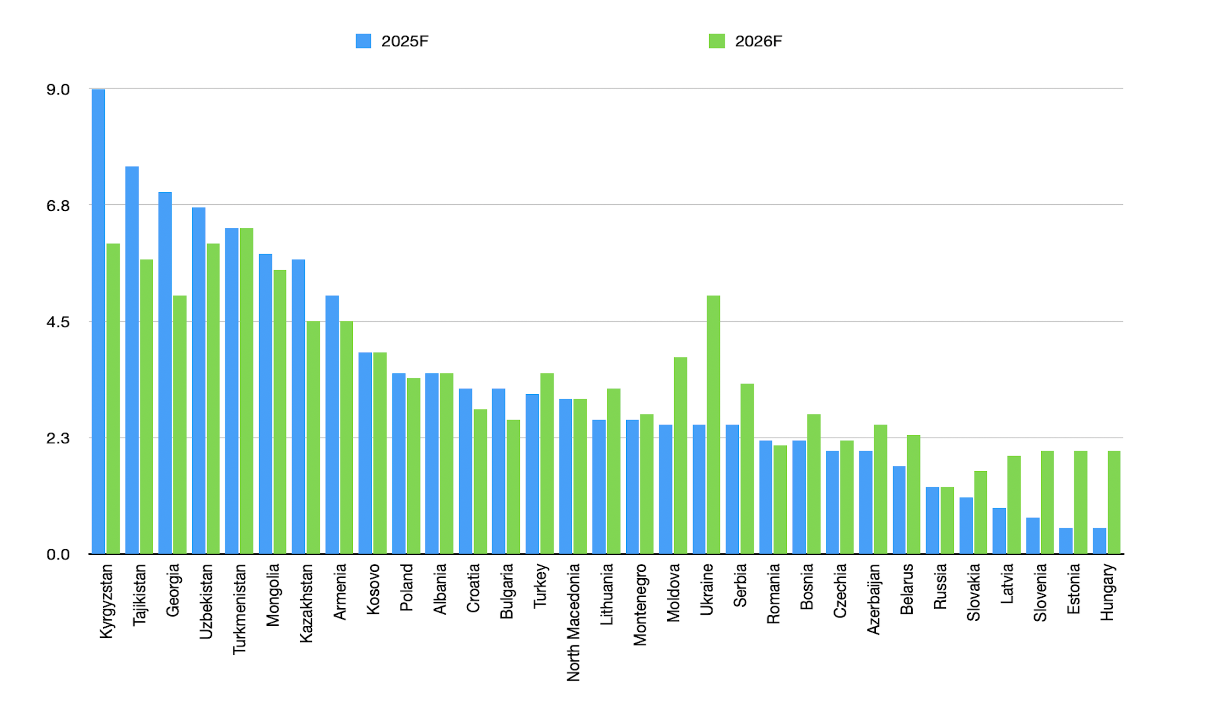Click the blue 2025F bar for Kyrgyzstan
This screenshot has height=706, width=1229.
(98, 321)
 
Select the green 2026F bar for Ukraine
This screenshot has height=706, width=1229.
(713, 425)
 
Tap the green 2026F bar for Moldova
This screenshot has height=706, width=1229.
(680, 456)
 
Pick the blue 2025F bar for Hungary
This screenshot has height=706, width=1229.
(1099, 541)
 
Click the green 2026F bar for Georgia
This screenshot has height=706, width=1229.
(180, 425)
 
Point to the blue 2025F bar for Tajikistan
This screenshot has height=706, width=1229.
(132, 360)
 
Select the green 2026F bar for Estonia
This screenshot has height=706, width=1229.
(1081, 502)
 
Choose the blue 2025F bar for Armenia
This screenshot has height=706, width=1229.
(332, 425)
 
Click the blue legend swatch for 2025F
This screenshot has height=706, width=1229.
(363, 41)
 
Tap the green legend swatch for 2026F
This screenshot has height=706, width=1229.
(717, 41)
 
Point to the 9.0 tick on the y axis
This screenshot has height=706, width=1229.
(58, 90)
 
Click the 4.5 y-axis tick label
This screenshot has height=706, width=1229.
(58, 322)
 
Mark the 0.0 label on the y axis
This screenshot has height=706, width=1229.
(58, 555)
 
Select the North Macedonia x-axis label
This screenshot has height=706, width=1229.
(574, 622)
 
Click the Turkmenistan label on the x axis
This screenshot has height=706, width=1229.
(239, 609)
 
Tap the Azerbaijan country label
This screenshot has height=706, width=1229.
(873, 599)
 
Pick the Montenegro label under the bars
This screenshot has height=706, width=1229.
(640, 605)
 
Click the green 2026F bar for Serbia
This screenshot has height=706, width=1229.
(747, 469)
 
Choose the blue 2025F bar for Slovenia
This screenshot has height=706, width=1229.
(1033, 536)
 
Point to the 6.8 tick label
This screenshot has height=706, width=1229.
(58, 206)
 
